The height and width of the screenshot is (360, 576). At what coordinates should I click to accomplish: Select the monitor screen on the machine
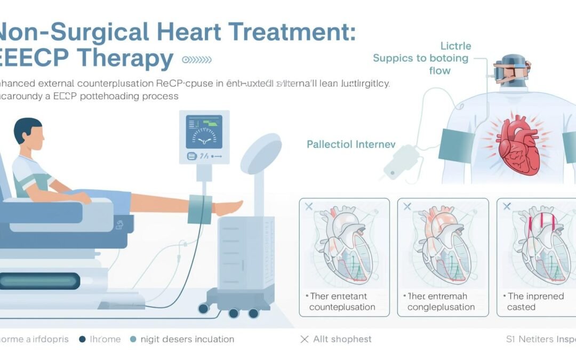[x=204, y=132]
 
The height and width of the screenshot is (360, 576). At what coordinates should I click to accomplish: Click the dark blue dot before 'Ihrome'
[x=83, y=339]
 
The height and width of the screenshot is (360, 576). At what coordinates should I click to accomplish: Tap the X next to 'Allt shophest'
[x=305, y=339]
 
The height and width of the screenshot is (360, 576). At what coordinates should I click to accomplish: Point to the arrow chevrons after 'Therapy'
[x=197, y=60]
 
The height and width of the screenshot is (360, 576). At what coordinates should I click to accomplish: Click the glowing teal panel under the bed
[x=40, y=281]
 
